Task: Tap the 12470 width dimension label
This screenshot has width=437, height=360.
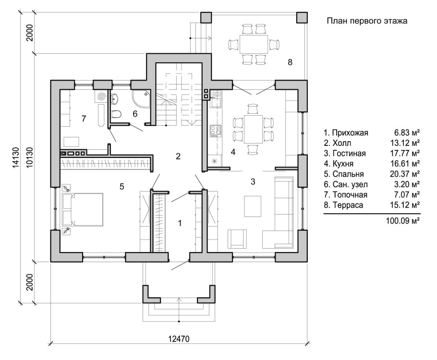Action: (179, 339)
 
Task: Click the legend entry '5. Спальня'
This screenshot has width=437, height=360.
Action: (344, 174)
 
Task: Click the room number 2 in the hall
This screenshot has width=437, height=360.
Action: (178, 156)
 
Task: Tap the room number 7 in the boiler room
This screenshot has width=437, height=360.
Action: (84, 119)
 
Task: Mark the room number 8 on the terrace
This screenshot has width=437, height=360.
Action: (290, 62)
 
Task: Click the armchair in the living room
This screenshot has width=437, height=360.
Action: (237, 239)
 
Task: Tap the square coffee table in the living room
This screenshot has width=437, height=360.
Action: (253, 206)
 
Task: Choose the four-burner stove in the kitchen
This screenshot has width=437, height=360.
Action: (215, 130)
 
